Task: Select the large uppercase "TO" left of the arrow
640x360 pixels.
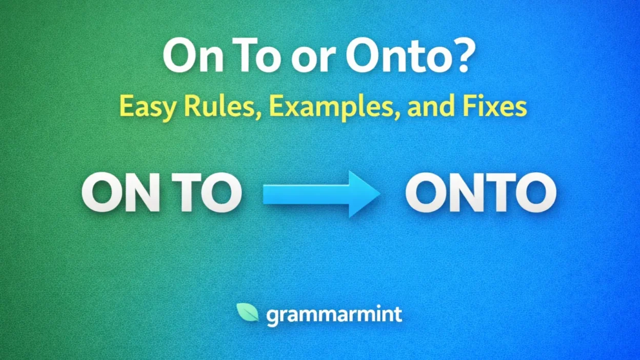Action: click(x=207, y=193)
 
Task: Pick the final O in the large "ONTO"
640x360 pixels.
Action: click(x=535, y=193)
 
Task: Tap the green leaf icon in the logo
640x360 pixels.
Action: click(x=247, y=312)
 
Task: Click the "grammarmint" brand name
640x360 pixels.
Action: click(x=334, y=315)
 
